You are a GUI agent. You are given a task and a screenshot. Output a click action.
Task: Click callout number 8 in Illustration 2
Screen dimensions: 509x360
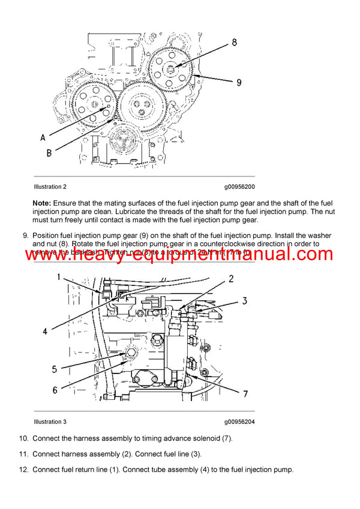point(233,43)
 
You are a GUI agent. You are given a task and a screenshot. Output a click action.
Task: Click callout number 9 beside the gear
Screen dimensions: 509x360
point(238,83)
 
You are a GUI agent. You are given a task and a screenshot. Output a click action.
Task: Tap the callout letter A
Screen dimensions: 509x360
point(43,137)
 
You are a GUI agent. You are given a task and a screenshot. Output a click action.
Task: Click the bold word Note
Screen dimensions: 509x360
point(41,203)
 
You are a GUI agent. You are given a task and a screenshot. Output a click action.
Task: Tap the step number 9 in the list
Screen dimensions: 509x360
point(25,236)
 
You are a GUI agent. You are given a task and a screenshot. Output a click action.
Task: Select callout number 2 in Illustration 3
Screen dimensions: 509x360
point(230,279)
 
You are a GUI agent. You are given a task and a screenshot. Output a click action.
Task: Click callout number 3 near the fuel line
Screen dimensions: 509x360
point(244,300)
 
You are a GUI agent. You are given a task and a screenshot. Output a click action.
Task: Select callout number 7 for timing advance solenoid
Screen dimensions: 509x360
point(245,393)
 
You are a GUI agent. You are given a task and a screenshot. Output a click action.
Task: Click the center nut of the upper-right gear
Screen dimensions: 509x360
point(172,69)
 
